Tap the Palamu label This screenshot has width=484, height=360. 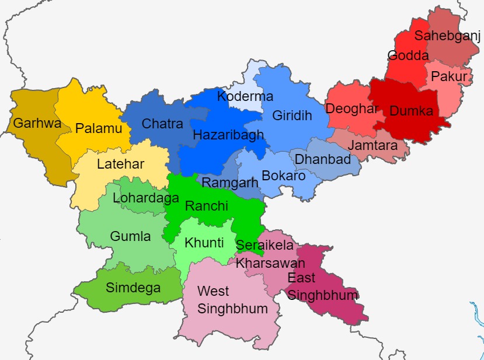(95, 128)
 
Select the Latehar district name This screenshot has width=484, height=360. (120, 164)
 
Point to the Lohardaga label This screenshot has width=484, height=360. (145, 198)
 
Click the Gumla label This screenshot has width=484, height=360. (130, 236)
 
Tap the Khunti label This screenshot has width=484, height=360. (204, 243)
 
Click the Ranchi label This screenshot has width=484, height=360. (203, 206)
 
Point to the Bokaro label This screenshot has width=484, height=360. (284, 175)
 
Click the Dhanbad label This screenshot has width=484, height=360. (323, 159)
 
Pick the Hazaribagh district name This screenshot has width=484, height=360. (228, 135)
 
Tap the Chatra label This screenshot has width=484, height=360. (162, 124)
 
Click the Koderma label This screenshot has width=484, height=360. (245, 96)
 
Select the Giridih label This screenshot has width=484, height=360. (292, 116)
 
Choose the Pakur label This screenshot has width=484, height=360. (449, 76)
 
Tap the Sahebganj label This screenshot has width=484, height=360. (447, 36)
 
